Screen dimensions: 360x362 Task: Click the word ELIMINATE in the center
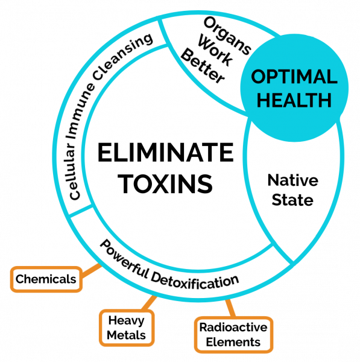(165, 153)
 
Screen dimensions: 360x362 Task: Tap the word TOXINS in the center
(165, 184)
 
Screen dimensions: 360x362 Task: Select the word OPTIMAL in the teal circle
(294, 77)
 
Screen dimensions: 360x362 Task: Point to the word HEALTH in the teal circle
(294, 100)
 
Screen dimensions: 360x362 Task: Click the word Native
(293, 180)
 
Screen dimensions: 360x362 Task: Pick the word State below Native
(292, 200)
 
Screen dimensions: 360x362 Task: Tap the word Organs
(227, 36)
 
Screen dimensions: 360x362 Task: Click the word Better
(203, 66)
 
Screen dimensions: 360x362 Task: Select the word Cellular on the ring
(72, 171)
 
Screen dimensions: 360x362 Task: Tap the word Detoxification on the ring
(195, 282)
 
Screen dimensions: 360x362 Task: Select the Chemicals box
(46, 279)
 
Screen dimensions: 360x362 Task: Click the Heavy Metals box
(127, 328)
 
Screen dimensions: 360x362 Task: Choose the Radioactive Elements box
(233, 335)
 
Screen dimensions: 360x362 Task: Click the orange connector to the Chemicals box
(92, 270)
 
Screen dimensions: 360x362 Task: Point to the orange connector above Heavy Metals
(150, 303)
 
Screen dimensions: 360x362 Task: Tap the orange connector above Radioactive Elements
(230, 308)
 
